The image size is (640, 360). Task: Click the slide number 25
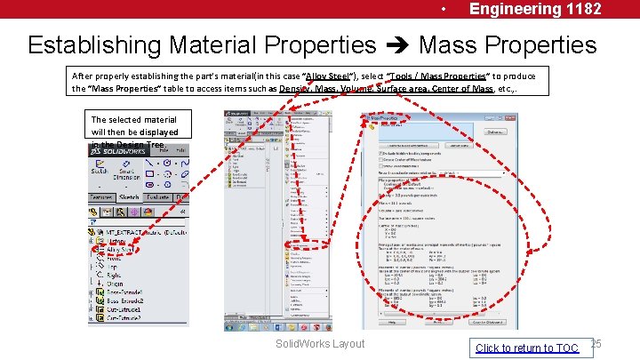[596, 344]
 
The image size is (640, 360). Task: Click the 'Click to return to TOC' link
[527, 348]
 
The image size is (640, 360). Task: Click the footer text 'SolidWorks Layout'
[320, 344]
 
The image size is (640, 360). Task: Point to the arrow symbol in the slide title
[397, 45]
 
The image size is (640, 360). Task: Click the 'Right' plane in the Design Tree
[116, 274]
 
